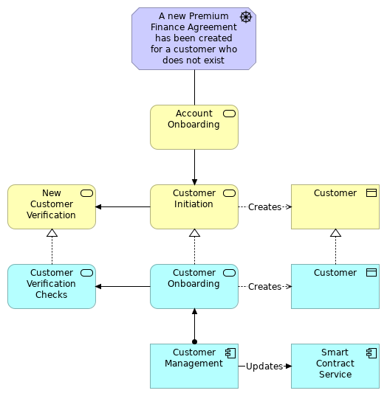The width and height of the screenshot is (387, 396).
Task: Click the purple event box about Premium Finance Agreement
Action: pos(193,39)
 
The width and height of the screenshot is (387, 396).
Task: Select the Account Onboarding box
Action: pos(193,127)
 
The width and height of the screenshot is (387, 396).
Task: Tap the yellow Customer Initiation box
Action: pos(193,206)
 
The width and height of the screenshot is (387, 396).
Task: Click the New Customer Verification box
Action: pos(52,206)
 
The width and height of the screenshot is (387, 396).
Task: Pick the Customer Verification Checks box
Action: pos(52,286)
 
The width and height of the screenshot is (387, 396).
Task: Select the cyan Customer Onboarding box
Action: pos(193,286)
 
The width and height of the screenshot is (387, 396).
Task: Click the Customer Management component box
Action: pos(193,366)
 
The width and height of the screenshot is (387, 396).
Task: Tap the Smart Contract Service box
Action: pos(335,366)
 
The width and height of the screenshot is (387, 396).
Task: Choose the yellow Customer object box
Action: pos(335,206)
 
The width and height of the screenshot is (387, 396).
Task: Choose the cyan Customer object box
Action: pos(335,286)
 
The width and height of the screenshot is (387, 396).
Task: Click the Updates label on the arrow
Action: pos(264,366)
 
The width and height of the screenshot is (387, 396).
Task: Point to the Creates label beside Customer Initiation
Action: pos(264,207)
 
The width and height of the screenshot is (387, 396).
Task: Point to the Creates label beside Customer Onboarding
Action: pos(264,287)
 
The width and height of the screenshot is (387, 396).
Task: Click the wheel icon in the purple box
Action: pos(246,17)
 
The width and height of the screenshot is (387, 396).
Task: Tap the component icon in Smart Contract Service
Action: pos(371,352)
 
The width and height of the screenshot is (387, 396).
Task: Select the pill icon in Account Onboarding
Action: pos(229,114)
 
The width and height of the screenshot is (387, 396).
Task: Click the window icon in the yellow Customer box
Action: pos(371,193)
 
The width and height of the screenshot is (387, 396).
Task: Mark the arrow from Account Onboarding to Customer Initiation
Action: pos(194,167)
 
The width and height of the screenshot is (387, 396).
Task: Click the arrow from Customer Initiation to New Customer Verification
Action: pos(123,206)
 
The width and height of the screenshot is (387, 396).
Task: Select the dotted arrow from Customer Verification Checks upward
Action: pos(52,246)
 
